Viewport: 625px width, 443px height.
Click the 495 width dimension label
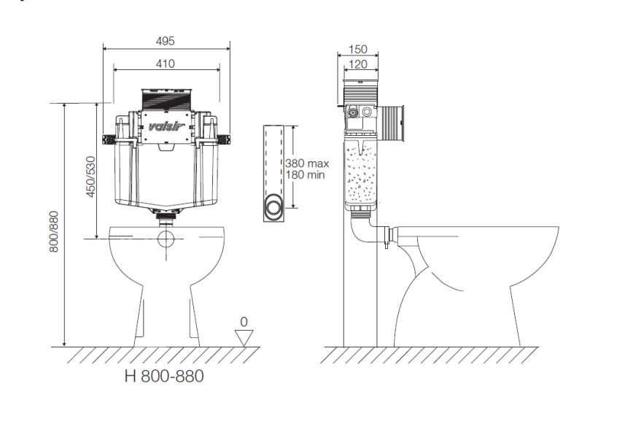[x=166, y=41]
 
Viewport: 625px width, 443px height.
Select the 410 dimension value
[x=166, y=63]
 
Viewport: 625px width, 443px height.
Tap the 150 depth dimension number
[x=358, y=50]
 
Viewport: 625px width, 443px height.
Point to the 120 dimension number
[x=358, y=64]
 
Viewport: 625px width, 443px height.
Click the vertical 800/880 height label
[x=54, y=231]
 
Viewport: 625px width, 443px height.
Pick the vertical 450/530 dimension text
[x=91, y=177]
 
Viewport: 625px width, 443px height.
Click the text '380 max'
[x=307, y=163]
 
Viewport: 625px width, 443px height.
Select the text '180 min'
[x=305, y=174]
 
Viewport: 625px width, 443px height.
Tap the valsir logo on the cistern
[x=166, y=127]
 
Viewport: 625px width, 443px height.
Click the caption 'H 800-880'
[x=164, y=376]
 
